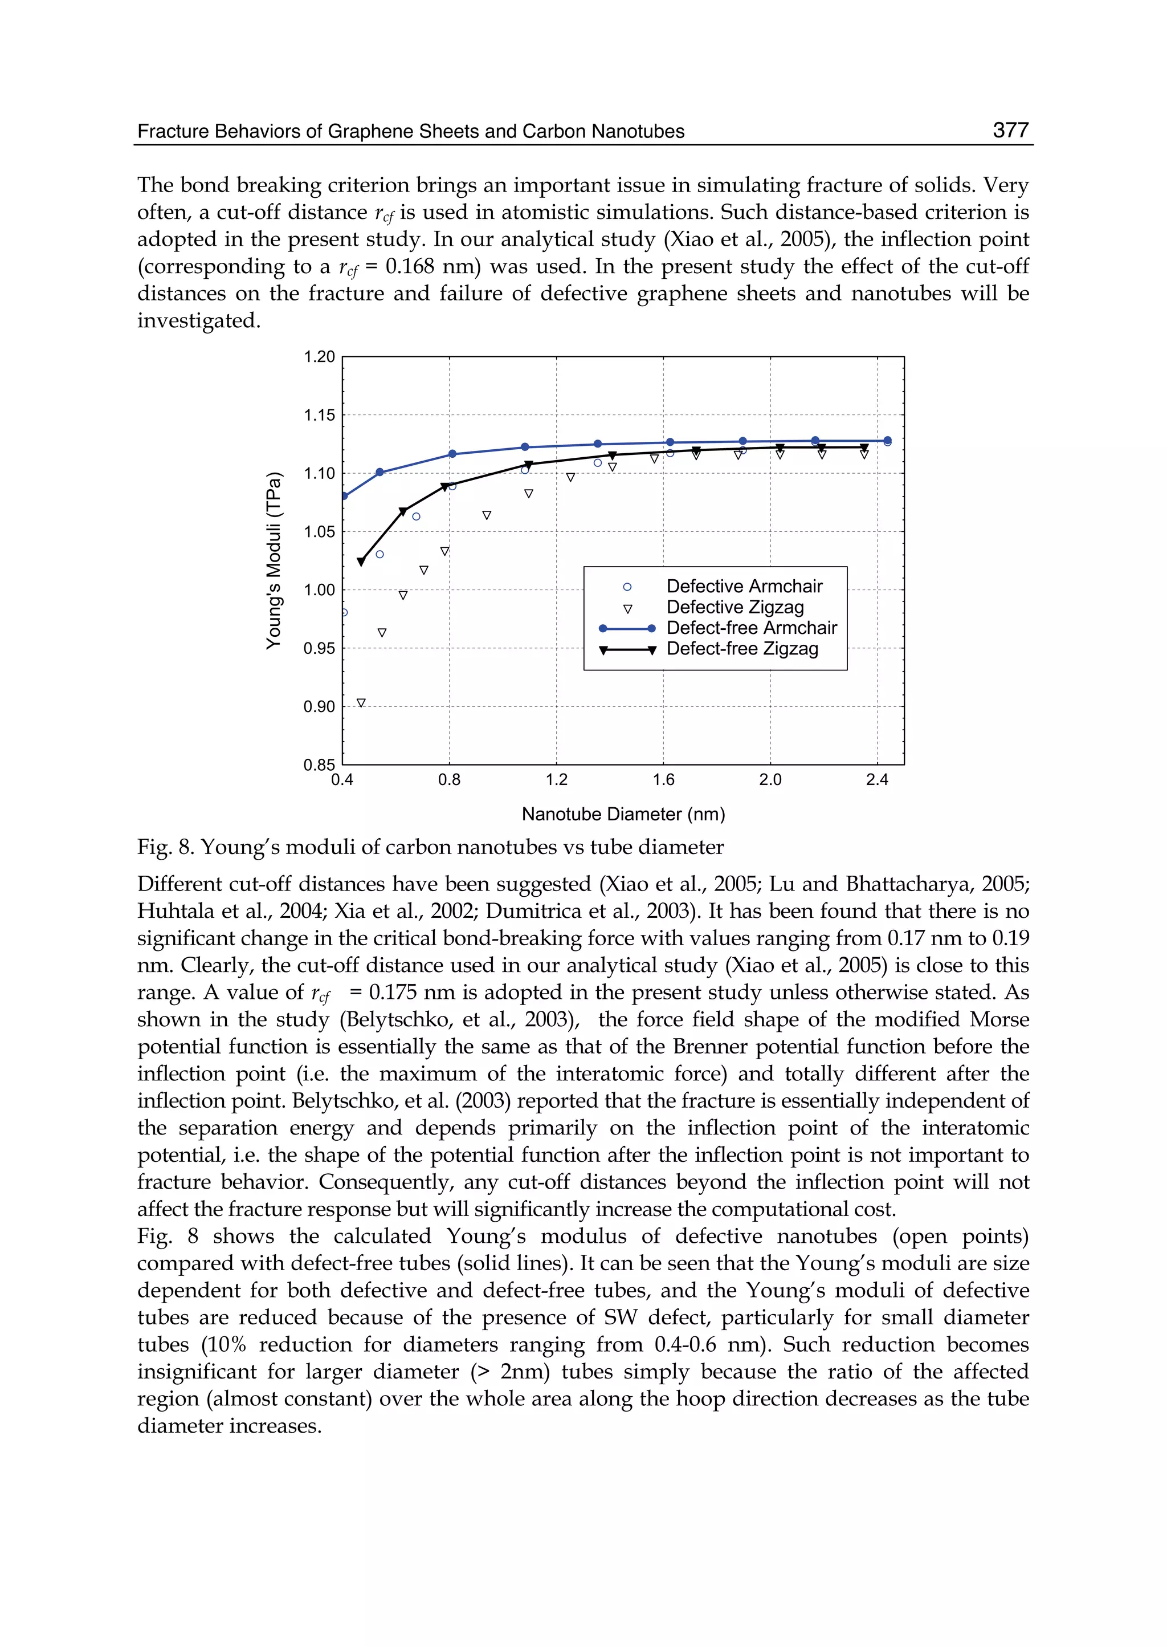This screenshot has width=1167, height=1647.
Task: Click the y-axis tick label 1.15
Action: click(x=319, y=416)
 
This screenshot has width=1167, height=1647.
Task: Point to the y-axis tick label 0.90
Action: click(x=319, y=707)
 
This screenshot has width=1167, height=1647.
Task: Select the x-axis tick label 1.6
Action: click(x=663, y=780)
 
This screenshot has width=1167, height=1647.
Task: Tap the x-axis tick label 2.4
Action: click(x=877, y=780)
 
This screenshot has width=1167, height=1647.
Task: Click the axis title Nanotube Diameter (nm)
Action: click(x=623, y=815)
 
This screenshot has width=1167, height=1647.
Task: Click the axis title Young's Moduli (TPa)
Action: click(x=274, y=561)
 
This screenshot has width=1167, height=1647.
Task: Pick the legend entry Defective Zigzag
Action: click(x=735, y=608)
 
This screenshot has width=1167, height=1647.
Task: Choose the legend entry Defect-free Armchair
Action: click(x=751, y=628)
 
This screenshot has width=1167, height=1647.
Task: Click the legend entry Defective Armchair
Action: click(x=744, y=587)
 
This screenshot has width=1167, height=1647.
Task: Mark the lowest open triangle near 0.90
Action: click(x=361, y=702)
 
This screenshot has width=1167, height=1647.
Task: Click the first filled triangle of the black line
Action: click(x=361, y=562)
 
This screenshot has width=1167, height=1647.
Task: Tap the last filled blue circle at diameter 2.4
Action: click(x=887, y=441)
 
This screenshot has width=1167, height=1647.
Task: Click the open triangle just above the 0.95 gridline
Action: click(x=382, y=633)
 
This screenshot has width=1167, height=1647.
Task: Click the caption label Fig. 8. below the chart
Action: click(x=165, y=848)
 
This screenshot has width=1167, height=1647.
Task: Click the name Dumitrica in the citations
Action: click(x=529, y=912)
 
